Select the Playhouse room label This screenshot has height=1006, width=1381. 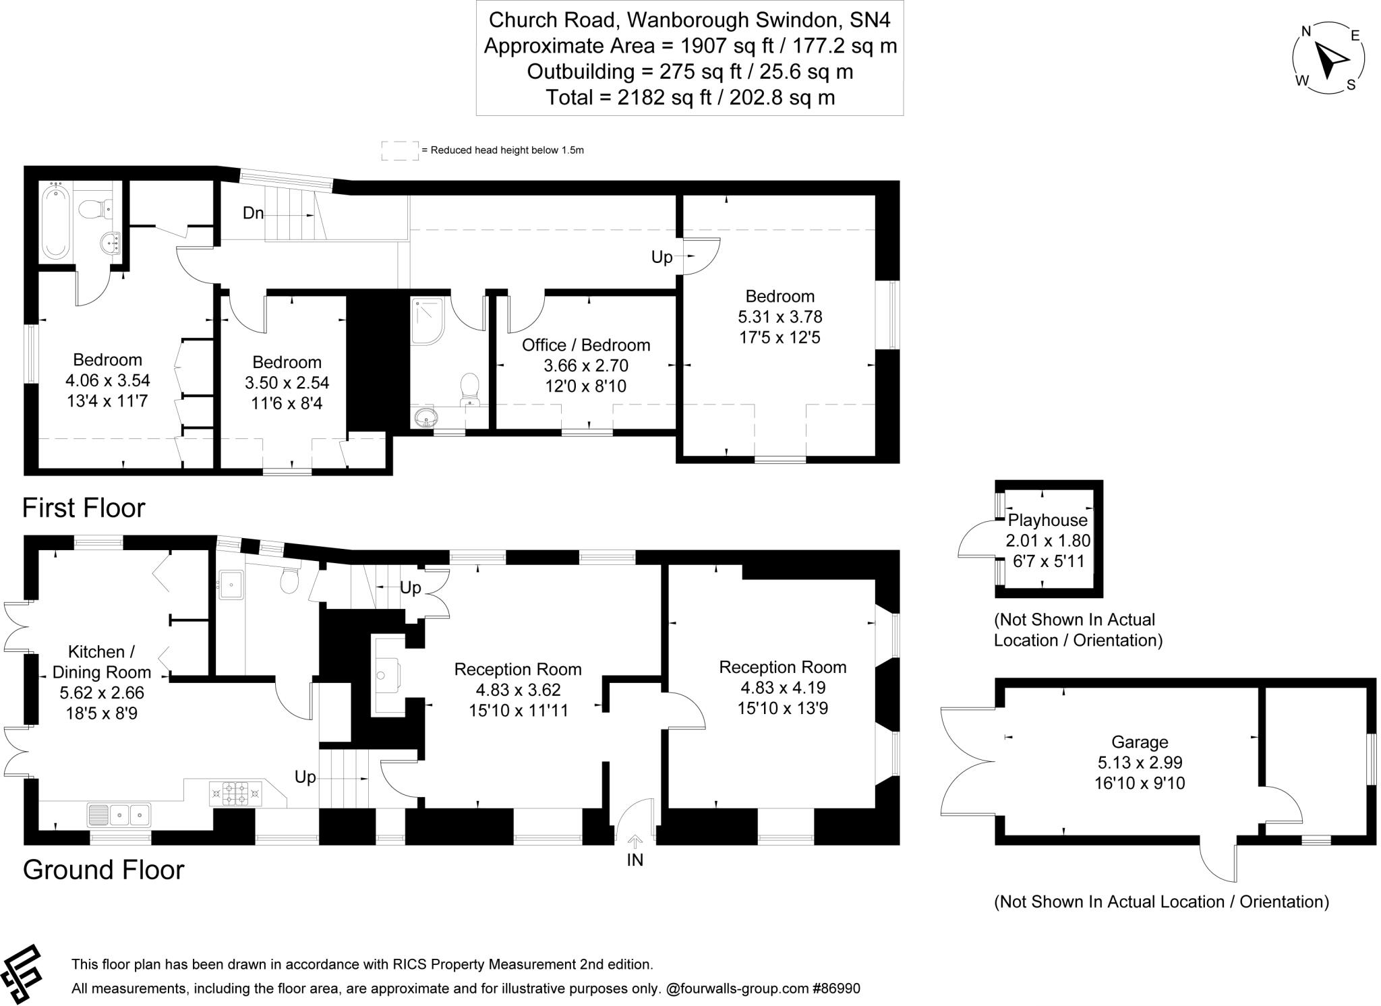[1047, 520]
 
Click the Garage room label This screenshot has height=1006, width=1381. [1140, 742]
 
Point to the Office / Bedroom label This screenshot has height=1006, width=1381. [585, 345]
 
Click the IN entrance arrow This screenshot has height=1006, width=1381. [635, 841]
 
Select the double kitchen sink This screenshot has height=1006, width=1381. [119, 815]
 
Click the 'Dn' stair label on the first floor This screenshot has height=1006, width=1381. [253, 213]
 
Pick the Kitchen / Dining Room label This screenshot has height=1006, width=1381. [101, 661]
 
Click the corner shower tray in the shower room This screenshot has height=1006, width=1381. [427, 320]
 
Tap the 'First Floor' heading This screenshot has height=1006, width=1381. [84, 508]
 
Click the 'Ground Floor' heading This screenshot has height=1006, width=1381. [103, 870]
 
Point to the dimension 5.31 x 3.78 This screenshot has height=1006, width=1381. [780, 316]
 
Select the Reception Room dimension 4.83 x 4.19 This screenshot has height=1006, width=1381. [782, 688]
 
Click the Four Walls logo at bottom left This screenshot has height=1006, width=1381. [22, 974]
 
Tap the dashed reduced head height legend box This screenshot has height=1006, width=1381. [399, 150]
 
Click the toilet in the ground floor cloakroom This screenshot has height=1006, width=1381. [290, 581]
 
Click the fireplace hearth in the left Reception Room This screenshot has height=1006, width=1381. [387, 675]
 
